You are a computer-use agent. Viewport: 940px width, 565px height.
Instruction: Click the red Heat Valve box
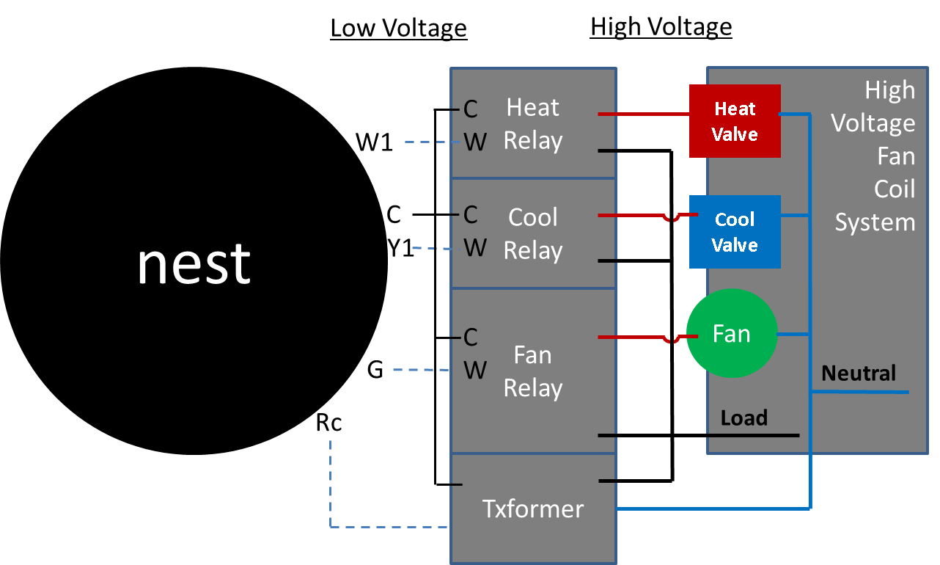tap(735, 121)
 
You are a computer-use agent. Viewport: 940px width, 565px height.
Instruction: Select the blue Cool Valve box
tap(735, 232)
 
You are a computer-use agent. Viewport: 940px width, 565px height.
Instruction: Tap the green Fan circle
tap(731, 335)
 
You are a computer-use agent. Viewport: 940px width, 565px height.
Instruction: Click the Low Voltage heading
tap(398, 28)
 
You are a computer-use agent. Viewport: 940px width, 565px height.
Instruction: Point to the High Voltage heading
tap(661, 27)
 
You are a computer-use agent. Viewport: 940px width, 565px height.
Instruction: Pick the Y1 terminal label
tap(400, 249)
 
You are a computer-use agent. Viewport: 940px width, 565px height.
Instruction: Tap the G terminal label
tap(375, 370)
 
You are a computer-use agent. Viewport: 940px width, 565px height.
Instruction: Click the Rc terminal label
tap(328, 423)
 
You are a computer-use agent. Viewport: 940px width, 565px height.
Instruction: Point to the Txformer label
tap(533, 508)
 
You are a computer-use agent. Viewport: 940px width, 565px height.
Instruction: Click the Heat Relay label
tap(533, 124)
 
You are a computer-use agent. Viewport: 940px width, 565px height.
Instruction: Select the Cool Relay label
tap(533, 233)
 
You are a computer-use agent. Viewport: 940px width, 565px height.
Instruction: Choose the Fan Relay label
tap(533, 371)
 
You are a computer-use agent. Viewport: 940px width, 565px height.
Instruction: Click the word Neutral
tap(859, 373)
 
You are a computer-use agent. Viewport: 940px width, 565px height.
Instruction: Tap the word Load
tap(743, 418)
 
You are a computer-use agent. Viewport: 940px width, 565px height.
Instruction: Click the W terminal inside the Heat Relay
tap(474, 142)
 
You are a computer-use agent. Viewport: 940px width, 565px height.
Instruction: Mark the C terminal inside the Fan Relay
tap(470, 338)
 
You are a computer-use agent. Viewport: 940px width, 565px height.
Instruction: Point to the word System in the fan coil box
tap(875, 222)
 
